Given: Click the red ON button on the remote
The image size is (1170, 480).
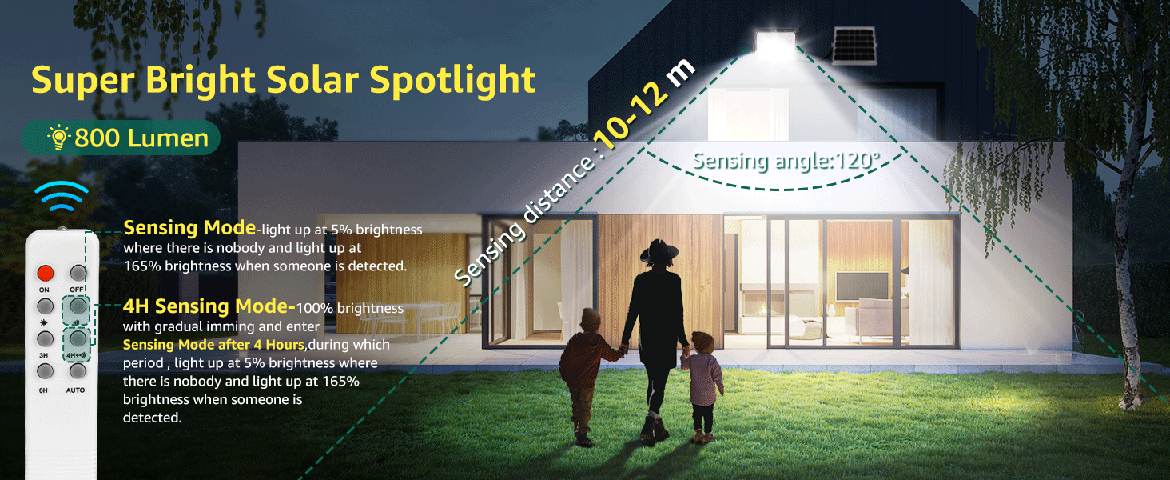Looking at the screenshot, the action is click(45, 273).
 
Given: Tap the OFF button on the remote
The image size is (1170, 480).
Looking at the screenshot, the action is click(78, 273).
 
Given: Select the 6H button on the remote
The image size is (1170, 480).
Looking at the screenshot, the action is click(45, 371).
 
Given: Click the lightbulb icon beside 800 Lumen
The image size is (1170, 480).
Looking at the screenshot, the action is click(59, 137).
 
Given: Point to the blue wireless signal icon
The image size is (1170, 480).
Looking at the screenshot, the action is click(61, 195).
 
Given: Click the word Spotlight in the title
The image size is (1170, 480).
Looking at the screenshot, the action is click(452, 81).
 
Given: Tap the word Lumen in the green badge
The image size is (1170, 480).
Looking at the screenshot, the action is click(168, 138).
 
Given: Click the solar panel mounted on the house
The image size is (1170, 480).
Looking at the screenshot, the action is click(854, 46).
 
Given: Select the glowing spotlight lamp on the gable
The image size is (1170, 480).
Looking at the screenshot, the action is click(775, 45).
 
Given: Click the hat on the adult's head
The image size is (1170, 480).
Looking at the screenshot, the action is click(659, 251).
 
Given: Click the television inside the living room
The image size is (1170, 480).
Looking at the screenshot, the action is click(862, 286).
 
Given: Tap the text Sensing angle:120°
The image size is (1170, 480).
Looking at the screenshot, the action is click(786, 161).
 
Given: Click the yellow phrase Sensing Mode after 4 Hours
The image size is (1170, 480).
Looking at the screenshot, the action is click(213, 345).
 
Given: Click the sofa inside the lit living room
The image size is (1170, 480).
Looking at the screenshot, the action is click(872, 317).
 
